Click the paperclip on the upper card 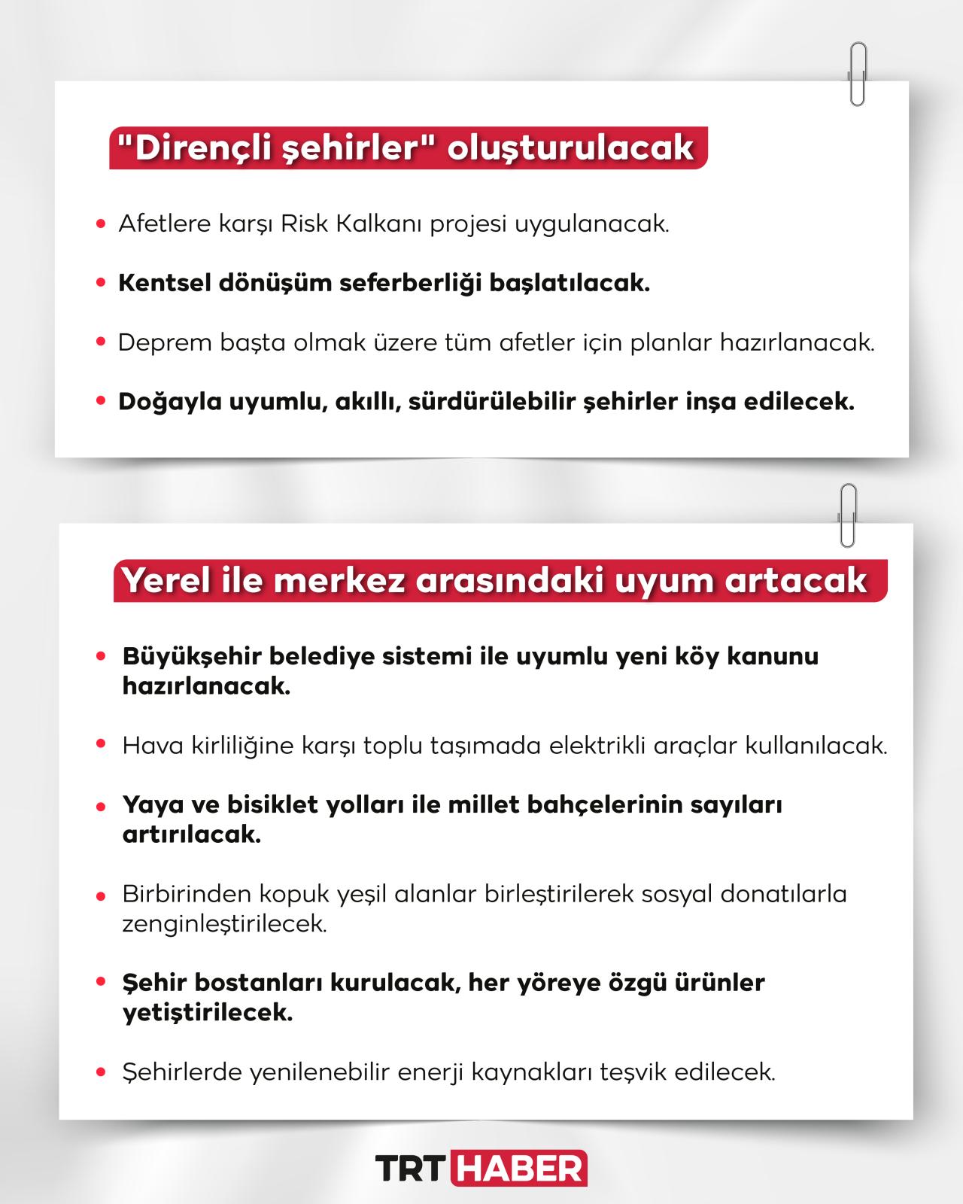tap(858, 73)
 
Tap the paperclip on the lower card tap(848, 515)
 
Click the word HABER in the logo tap(520, 1168)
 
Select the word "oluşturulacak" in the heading tap(570, 148)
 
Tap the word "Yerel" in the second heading tap(166, 581)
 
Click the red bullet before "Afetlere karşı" tap(101, 224)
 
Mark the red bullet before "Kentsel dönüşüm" tap(101, 284)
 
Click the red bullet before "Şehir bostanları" tap(101, 982)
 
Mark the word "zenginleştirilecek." tap(225, 924)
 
